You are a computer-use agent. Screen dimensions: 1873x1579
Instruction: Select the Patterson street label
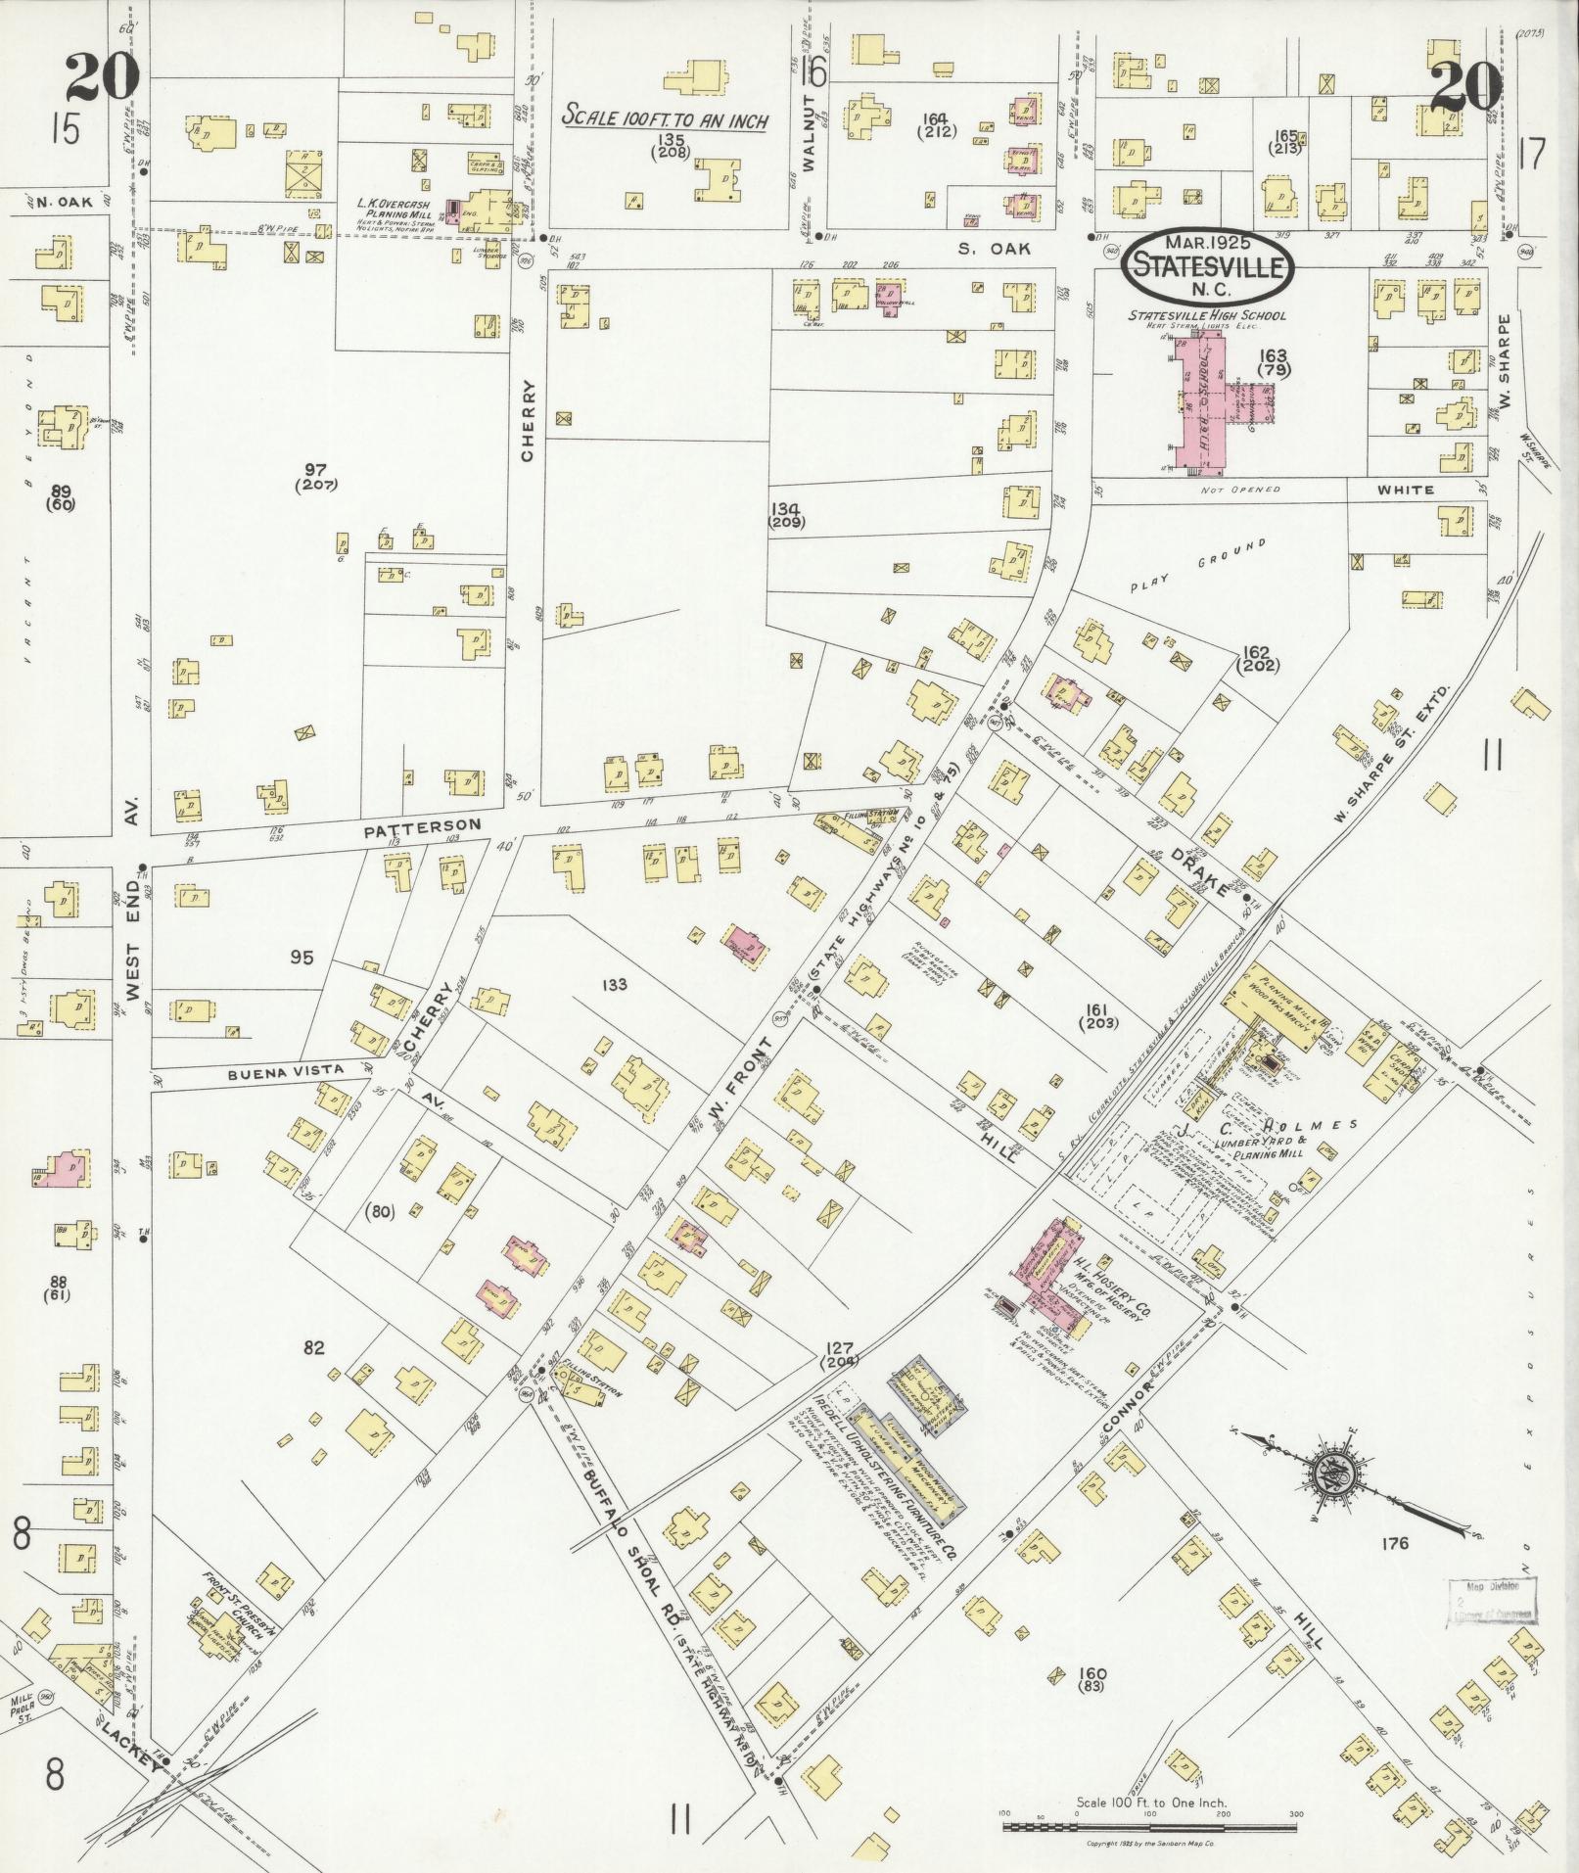(x=422, y=828)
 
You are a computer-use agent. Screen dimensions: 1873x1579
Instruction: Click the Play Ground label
(x=1198, y=567)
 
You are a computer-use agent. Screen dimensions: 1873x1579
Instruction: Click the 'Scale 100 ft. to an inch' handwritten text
(x=665, y=119)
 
